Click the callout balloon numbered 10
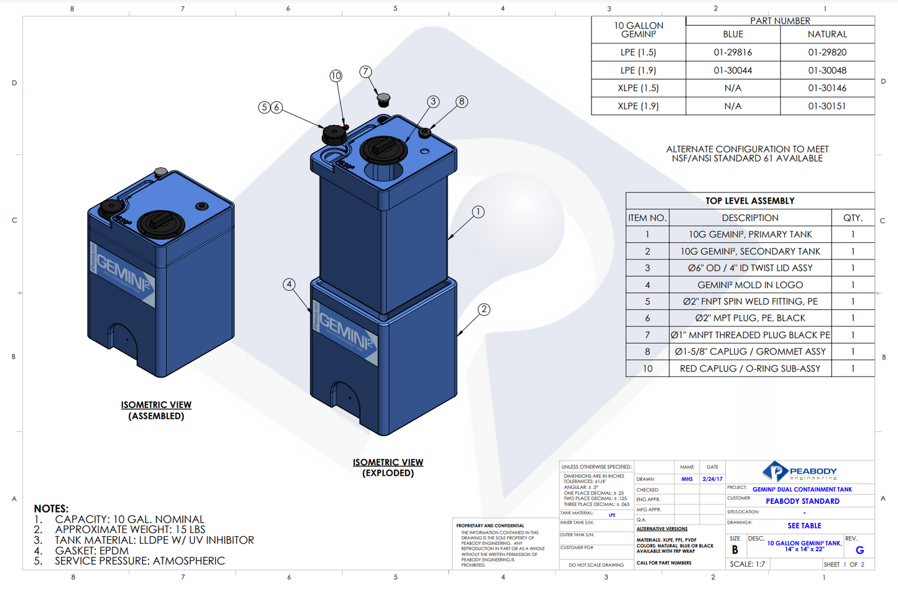coord(336,76)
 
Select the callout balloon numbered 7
coord(365,72)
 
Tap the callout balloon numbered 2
coord(483,309)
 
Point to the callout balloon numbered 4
coord(289,285)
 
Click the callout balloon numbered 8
coord(461,101)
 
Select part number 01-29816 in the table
coord(733,52)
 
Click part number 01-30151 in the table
coord(827,106)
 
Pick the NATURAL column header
coord(827,34)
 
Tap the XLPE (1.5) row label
coord(638,88)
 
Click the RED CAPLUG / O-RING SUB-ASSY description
coord(749,368)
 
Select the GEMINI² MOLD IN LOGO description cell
coord(749,285)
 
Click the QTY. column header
coord(853,217)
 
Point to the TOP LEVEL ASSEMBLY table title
coord(749,201)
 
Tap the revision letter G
coord(859,550)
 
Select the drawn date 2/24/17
coord(712,479)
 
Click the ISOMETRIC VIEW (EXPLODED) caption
coord(388,467)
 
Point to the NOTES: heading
coord(51,508)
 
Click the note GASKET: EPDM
coord(91,550)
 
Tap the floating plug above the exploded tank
coord(383,99)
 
